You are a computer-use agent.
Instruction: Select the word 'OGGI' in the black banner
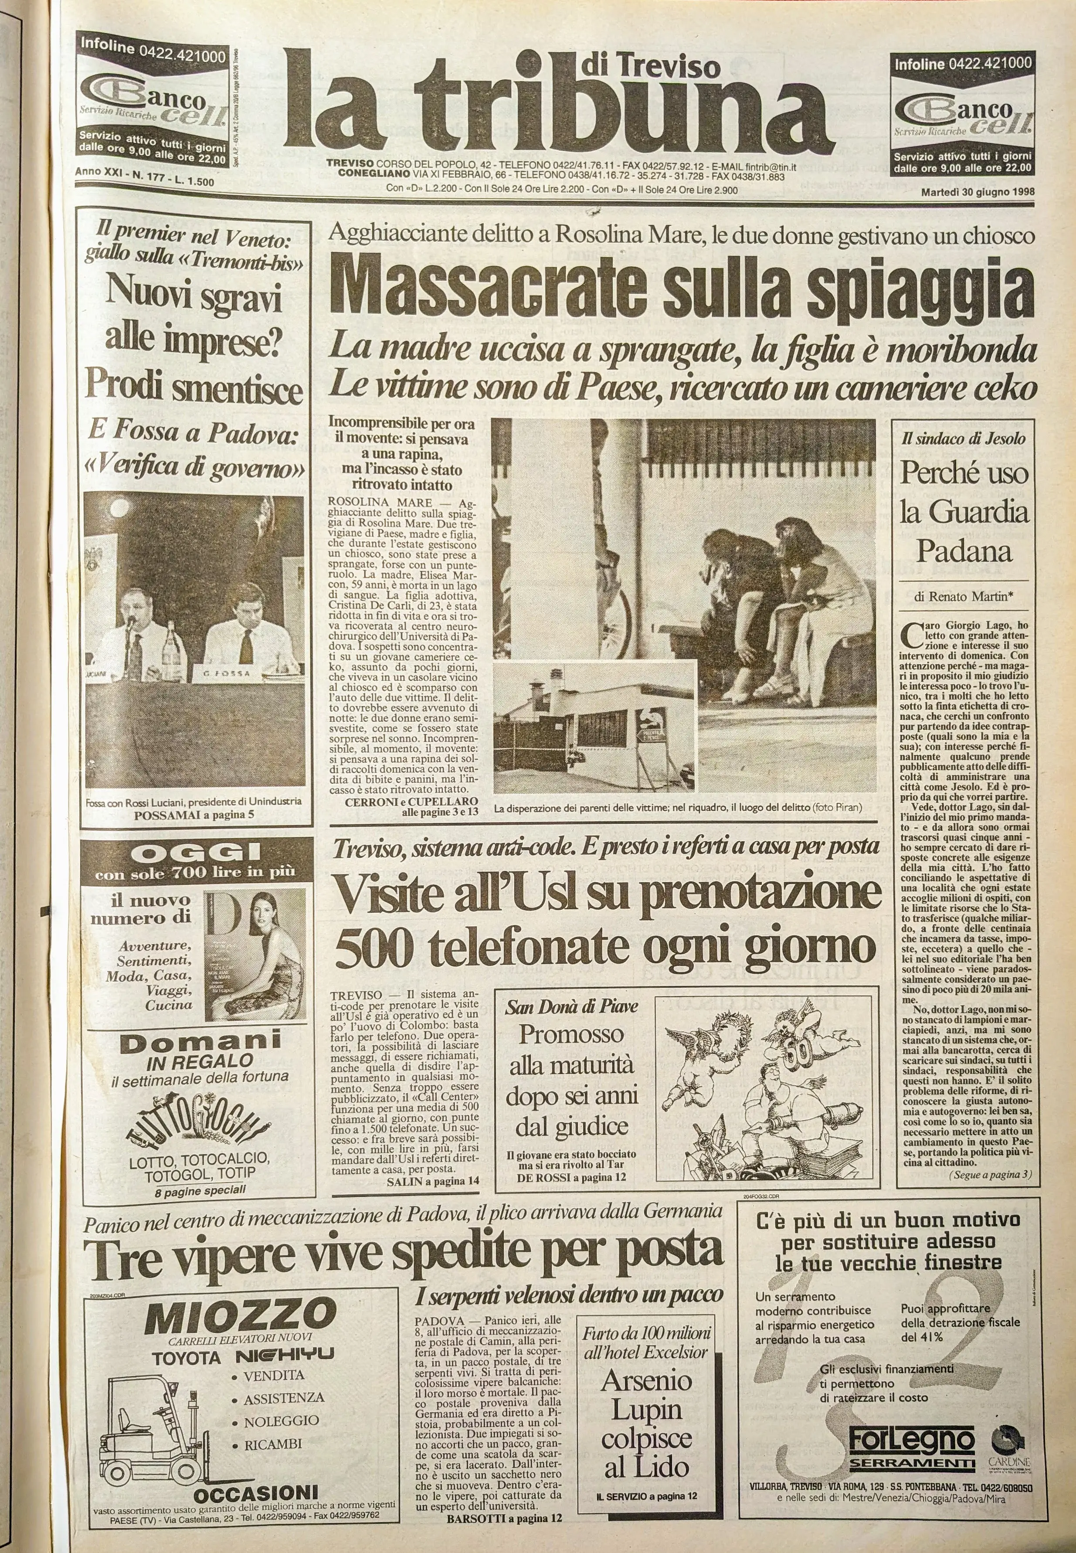click(x=197, y=853)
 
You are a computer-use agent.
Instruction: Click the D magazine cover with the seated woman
click(x=255, y=950)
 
